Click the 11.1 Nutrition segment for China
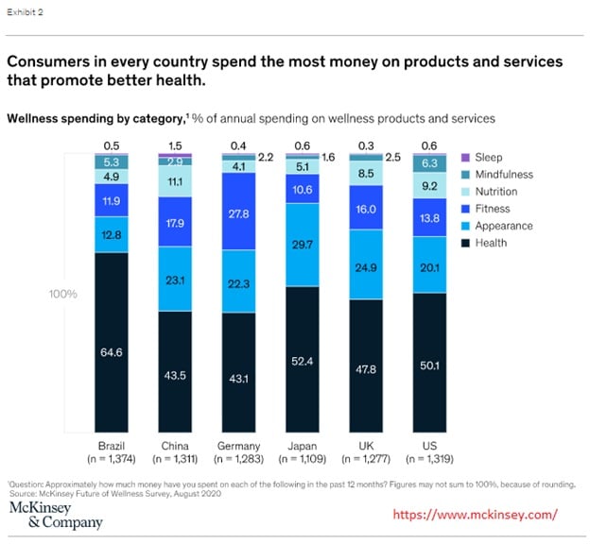click(175, 180)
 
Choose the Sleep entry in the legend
click(489, 158)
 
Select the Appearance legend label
click(505, 226)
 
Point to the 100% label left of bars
click(64, 295)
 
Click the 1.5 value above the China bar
click(175, 144)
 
